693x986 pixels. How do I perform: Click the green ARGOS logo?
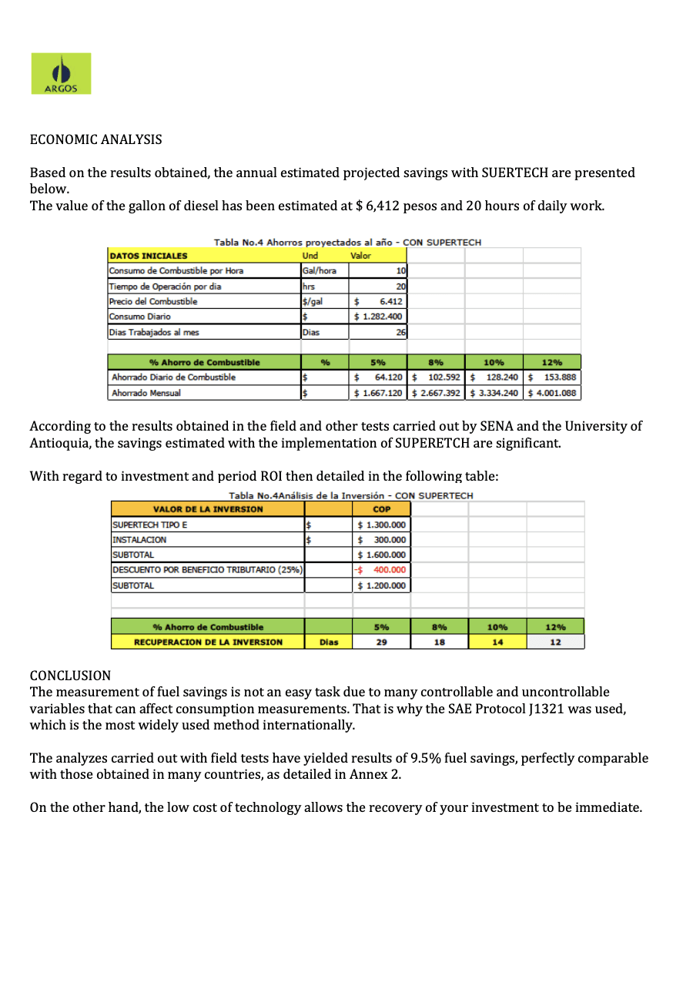[61, 74]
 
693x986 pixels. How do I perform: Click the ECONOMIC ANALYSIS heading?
[95, 139]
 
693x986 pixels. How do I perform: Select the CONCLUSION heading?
[70, 676]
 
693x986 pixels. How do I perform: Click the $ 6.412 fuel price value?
[378, 301]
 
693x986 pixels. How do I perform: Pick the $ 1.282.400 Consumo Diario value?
[379, 317]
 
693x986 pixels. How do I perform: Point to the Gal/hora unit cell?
[323, 270]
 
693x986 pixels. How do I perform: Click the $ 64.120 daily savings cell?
[379, 377]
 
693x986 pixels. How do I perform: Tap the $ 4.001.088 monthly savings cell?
[551, 393]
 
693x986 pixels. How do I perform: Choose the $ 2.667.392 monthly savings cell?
[436, 393]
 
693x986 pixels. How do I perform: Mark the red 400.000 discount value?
[388, 570]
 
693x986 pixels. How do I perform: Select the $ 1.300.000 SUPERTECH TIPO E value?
[381, 525]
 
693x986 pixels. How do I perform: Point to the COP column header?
[381, 509]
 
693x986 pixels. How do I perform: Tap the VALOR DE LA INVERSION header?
[208, 509]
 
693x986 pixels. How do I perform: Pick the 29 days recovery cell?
[381, 642]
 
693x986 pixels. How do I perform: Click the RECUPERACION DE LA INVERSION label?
[208, 642]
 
